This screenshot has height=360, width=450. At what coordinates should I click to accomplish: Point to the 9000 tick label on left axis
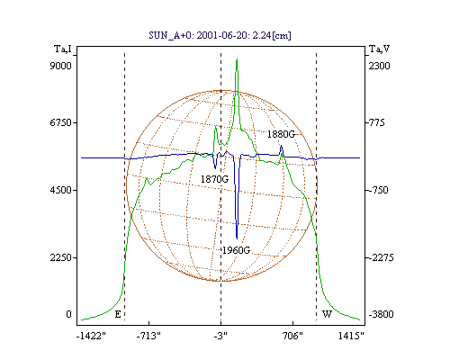coord(61,66)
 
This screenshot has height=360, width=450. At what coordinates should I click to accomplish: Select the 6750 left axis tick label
coord(61,122)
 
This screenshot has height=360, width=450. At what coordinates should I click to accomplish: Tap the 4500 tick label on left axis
coord(61,190)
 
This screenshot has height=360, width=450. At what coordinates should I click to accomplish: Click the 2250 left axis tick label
coord(61,257)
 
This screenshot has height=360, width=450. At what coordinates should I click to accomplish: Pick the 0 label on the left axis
coord(68,314)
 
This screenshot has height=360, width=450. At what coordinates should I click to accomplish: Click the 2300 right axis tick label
coord(379,66)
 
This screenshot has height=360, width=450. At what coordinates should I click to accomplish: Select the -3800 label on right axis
coord(381,314)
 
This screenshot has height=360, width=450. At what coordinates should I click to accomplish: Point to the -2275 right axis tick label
coord(381,257)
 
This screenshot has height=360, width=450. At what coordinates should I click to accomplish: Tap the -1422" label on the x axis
coord(91,336)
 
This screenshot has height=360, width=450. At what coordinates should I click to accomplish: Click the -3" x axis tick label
coord(220,336)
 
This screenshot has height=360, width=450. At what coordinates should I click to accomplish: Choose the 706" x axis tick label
coord(292,336)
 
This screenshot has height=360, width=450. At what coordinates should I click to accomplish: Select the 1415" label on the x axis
coord(351,336)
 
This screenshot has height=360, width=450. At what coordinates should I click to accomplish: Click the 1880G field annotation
coord(281,134)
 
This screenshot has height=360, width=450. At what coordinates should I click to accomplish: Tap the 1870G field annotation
coord(214,179)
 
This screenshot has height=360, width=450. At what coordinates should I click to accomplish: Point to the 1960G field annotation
coord(236,250)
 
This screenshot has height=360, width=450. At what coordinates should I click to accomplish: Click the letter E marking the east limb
coord(118,314)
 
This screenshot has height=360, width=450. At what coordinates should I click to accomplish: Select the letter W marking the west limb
coord(327,314)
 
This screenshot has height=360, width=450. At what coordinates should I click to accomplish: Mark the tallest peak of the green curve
coord(237,59)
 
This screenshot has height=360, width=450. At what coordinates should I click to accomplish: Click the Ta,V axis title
coord(379,49)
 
